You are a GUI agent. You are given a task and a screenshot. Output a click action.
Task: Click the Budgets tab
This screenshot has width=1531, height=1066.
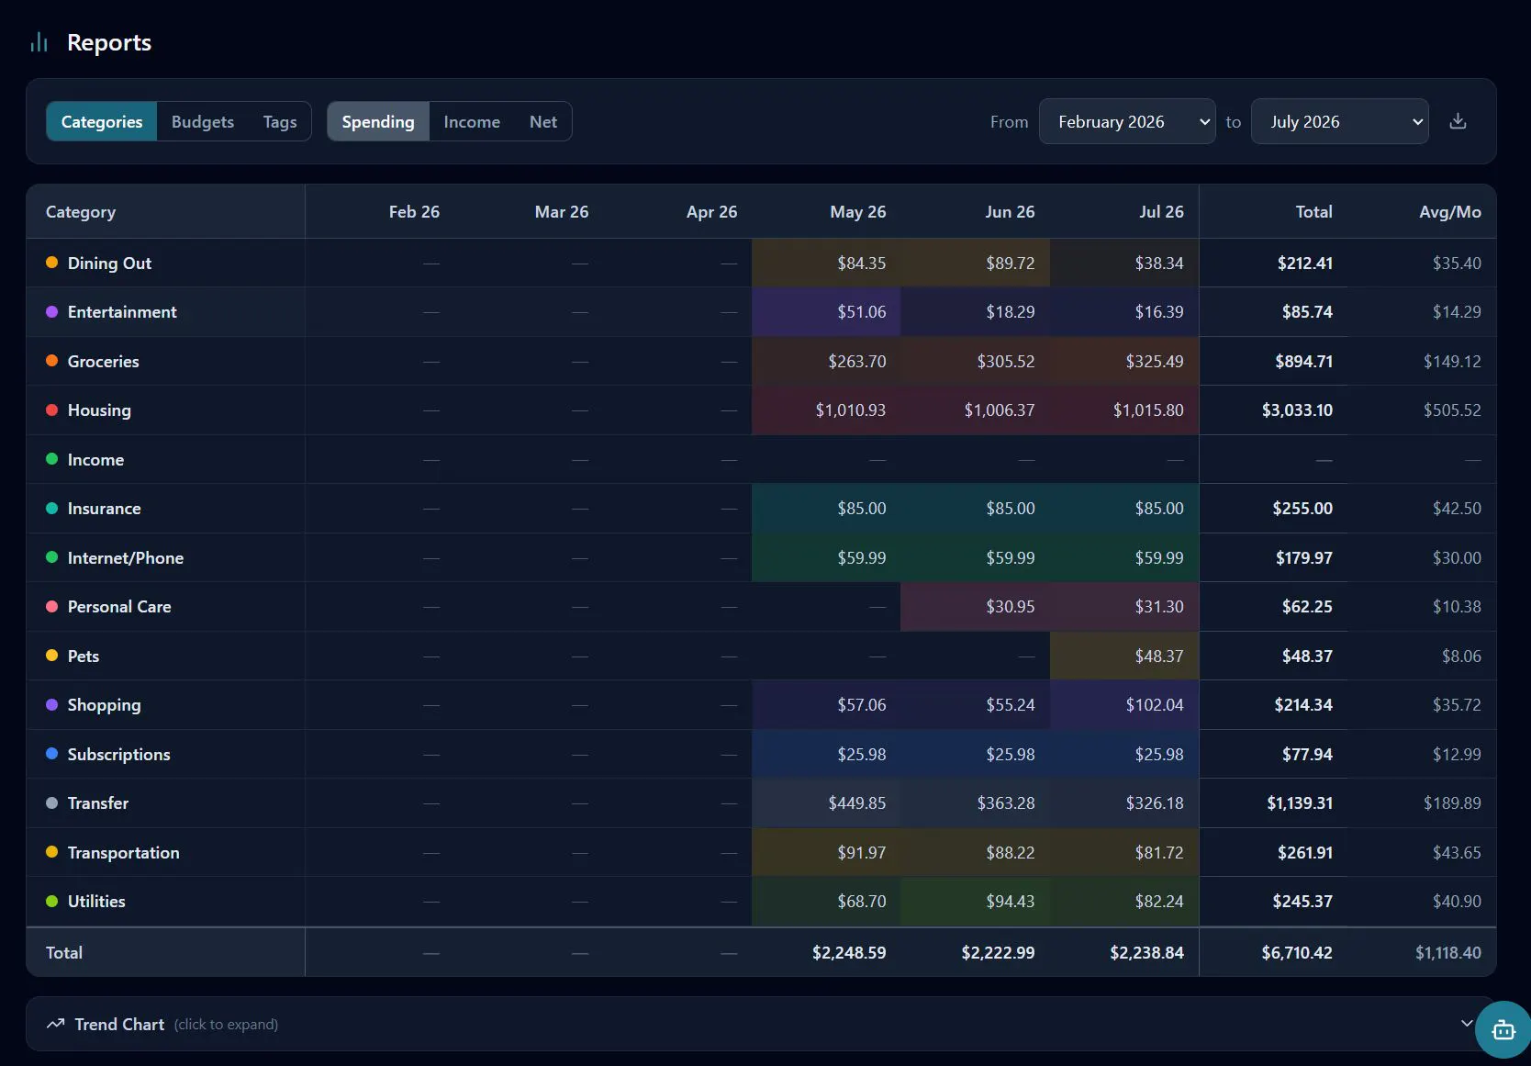point(202,122)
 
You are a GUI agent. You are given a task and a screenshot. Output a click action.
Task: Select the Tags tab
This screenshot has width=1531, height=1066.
point(280,122)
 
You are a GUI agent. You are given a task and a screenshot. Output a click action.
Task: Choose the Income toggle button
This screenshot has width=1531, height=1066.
point(472,122)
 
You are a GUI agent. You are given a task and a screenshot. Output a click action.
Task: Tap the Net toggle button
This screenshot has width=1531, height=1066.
point(542,122)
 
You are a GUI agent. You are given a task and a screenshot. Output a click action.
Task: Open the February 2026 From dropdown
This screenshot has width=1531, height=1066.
point(1127,122)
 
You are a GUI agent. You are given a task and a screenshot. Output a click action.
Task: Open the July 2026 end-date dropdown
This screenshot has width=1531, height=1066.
point(1340,122)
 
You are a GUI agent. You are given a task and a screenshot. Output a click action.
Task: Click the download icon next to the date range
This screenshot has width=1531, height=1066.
point(1458,121)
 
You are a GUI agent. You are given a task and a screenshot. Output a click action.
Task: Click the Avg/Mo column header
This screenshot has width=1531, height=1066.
point(1449,212)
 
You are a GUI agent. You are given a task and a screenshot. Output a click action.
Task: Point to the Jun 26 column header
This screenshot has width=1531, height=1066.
point(1010,212)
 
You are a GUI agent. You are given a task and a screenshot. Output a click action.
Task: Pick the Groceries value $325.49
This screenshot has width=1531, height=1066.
point(1154,361)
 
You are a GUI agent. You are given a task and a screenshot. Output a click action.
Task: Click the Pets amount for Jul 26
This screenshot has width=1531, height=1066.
point(1158,656)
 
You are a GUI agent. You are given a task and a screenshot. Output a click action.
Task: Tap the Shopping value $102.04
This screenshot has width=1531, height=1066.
point(1154,705)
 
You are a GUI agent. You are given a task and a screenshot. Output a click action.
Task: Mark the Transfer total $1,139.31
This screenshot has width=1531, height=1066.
point(1300,802)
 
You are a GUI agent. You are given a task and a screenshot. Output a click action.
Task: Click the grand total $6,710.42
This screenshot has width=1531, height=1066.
point(1297,952)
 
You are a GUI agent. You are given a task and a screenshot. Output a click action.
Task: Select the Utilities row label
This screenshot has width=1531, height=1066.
point(96,902)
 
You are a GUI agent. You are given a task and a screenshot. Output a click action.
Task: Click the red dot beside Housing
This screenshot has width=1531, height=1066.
point(52,410)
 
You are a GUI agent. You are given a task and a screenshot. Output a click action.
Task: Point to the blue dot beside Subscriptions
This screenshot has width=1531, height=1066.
point(52,754)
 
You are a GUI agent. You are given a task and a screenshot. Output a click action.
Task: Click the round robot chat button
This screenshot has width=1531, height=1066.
point(1503,1028)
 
